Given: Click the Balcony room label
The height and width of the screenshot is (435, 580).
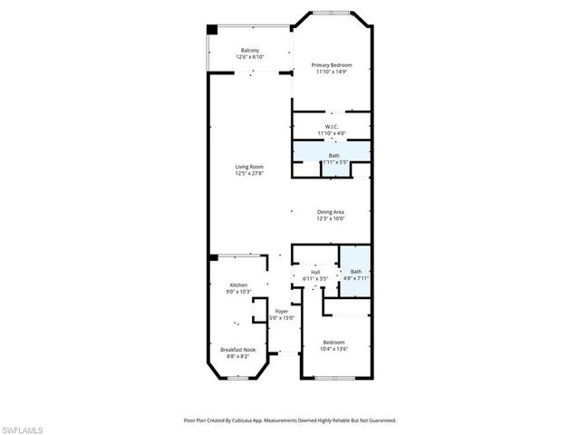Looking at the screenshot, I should pos(249,50).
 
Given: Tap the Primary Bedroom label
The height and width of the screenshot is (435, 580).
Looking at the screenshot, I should pos(331,65).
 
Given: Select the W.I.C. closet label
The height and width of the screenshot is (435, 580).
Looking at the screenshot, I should pos(332,126).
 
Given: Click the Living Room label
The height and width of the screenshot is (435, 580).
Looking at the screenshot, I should pos(249,167).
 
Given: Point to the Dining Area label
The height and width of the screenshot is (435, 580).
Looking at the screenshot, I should pos(330,212).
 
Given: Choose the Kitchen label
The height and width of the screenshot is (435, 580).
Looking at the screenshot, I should pos(238,285).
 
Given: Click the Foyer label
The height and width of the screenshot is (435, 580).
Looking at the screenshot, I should pos(282,311).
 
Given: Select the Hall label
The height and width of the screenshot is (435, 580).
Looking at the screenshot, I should pos(315,271).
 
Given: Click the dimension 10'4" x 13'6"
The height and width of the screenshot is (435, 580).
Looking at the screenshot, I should pos(333,349).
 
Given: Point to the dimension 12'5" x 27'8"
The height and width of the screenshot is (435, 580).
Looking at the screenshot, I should pos(249,173).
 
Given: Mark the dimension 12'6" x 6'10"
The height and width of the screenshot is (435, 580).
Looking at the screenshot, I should pos(249,57).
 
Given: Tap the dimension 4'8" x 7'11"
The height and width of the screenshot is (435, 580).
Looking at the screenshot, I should pos(355,278).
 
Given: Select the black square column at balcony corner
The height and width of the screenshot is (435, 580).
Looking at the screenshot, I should pos(212,30).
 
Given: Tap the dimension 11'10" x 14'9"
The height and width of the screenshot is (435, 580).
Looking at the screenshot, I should pos(331,72).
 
